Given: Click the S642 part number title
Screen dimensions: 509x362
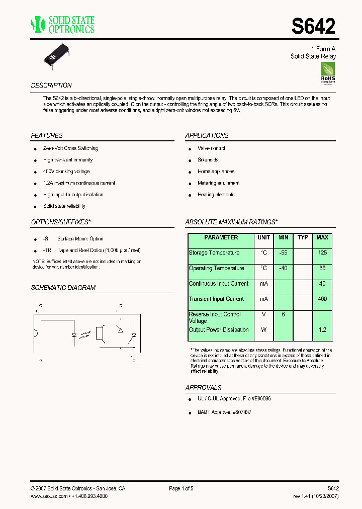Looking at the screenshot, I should pos(313,26).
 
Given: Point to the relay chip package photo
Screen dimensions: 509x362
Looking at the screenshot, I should pos(59,56).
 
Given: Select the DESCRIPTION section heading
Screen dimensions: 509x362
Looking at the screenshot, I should pos(51,86).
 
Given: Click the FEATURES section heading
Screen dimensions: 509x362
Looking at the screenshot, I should pos(47,136).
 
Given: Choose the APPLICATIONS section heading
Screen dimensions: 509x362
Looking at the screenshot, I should pos(207,136).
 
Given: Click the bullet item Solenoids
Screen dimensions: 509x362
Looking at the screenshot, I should pos(208,160).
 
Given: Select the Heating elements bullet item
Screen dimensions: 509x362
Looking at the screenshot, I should pos(216,195).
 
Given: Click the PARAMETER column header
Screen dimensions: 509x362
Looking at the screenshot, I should pos(221,237).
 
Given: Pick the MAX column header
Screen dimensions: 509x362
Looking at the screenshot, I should pos(322,237).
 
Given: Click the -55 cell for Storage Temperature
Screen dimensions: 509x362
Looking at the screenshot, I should pos(283,253).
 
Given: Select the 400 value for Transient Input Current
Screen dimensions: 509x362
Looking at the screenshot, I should pos(322,299).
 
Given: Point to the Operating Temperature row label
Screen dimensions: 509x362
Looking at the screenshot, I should pos(216,269).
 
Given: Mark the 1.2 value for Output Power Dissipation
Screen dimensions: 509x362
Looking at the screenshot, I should pos(322,330).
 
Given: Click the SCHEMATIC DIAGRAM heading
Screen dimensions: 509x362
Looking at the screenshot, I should pos(63,288).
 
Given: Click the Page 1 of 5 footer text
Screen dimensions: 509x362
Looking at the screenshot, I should pos(181,488).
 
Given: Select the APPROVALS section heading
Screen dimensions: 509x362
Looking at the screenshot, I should pos(203,388).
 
